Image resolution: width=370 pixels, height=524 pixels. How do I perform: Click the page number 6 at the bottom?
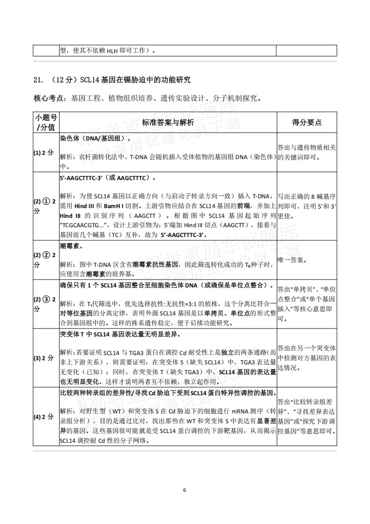click(185, 490)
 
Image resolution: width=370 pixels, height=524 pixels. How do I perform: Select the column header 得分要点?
click(306, 122)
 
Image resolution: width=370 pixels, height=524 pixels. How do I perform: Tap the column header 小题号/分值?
click(46, 122)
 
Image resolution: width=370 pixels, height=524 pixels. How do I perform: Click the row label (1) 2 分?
click(46, 153)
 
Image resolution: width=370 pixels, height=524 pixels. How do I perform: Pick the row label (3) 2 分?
click(46, 358)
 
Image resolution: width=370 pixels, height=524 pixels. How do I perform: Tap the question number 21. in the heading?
click(38, 80)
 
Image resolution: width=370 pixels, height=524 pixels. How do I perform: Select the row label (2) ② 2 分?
click(46, 260)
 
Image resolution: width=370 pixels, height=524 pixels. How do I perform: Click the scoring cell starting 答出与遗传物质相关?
click(306, 152)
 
